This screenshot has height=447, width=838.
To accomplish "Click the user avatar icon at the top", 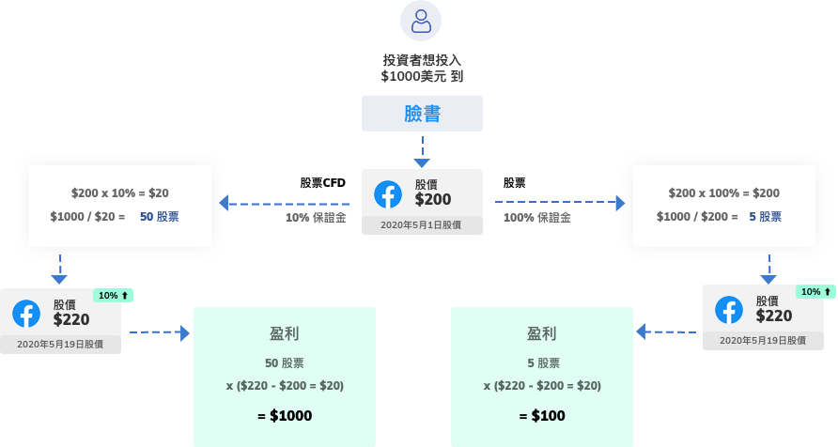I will [x=420, y=21].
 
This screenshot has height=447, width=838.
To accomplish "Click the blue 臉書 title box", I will [x=422, y=114].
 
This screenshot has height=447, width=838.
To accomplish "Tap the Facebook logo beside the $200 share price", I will [x=388, y=194].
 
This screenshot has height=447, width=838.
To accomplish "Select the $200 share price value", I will [x=433, y=199].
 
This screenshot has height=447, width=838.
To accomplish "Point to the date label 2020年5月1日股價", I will [x=421, y=225].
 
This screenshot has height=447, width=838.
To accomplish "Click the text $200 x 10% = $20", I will [x=120, y=193].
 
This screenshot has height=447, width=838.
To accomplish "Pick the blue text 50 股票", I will [x=160, y=217].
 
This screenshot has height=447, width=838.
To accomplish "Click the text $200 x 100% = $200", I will [x=723, y=193].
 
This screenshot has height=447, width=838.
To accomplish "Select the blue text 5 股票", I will [x=765, y=217].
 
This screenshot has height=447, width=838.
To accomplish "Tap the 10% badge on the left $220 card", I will [x=113, y=295].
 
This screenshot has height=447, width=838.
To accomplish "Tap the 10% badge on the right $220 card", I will [x=815, y=291].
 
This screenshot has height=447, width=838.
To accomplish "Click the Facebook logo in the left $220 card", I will [x=26, y=314].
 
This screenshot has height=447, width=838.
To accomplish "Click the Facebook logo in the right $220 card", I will [x=729, y=310].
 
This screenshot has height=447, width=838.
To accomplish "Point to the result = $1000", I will [x=285, y=415].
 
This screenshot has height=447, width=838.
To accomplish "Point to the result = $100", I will [x=542, y=415].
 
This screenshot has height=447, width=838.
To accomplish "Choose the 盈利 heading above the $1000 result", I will [x=285, y=333].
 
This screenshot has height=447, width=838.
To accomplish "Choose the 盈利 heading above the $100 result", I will [x=542, y=333].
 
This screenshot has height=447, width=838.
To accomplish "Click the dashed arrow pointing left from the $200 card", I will [x=282, y=203].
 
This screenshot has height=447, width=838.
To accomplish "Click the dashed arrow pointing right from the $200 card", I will [x=559, y=202].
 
